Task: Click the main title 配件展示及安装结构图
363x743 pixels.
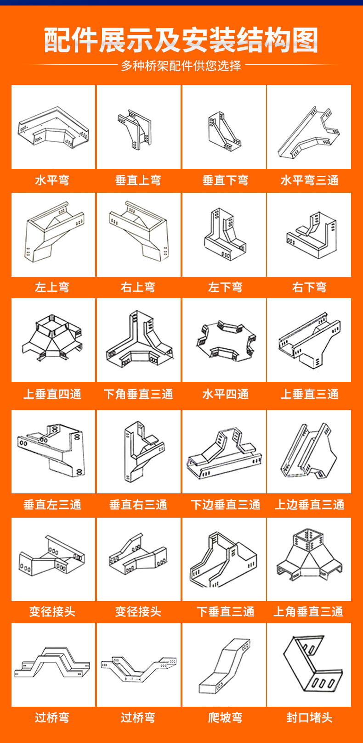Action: point(181,40)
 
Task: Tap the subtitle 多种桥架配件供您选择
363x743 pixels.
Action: point(181,66)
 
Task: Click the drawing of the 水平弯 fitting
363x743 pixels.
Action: point(53,127)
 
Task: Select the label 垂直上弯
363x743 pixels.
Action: point(138,180)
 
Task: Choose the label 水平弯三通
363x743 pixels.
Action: point(309,180)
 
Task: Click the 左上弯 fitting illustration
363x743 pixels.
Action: point(53,234)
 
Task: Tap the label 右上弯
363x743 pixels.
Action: point(138,287)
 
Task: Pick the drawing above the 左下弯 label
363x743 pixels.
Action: point(224,235)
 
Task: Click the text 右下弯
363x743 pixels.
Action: point(309,287)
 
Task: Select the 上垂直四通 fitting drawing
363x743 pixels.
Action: point(53,340)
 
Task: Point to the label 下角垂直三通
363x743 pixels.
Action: point(138,394)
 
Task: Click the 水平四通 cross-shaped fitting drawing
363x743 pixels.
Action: point(224,340)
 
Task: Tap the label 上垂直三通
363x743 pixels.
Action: point(309,394)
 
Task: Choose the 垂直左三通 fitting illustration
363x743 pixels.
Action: point(53,452)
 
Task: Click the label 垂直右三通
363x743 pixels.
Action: point(138,505)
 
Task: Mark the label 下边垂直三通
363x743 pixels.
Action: point(225,505)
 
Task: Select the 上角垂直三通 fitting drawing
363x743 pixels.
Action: point(309,559)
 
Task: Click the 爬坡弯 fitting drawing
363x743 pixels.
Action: point(224,665)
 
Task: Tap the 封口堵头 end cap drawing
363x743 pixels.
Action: point(309,665)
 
